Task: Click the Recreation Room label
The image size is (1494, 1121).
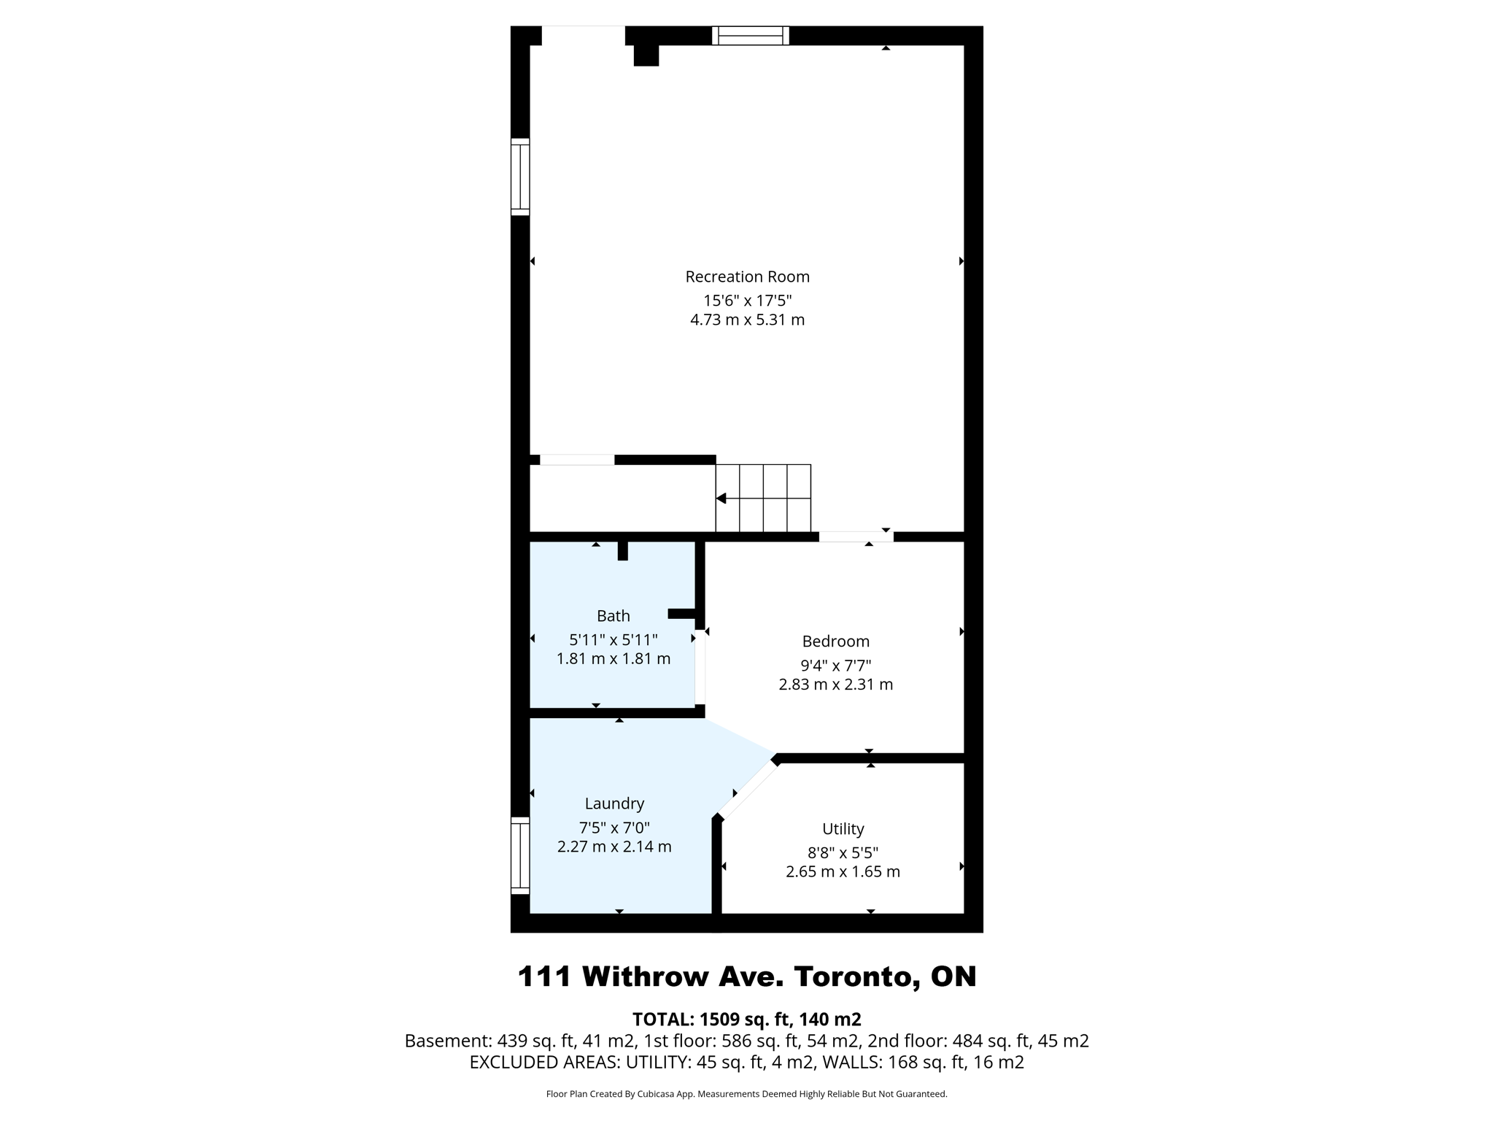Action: (x=747, y=277)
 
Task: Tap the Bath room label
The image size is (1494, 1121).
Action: (x=613, y=616)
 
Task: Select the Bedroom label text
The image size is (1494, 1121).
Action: (x=835, y=642)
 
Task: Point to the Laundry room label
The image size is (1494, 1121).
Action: (x=614, y=804)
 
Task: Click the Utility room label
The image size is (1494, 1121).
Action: (x=843, y=829)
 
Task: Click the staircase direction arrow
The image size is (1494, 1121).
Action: (x=721, y=498)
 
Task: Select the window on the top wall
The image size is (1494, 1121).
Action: (x=750, y=36)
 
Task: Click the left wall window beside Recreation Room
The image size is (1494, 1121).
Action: (x=519, y=177)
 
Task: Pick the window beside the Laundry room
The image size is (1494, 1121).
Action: (x=519, y=855)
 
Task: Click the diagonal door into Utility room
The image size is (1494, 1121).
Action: (x=747, y=790)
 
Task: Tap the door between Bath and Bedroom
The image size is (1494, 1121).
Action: (x=700, y=667)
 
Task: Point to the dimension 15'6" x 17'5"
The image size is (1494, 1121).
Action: (x=747, y=301)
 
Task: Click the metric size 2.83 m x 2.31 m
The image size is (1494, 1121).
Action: (x=835, y=685)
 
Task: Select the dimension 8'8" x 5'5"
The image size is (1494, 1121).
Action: (x=843, y=852)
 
